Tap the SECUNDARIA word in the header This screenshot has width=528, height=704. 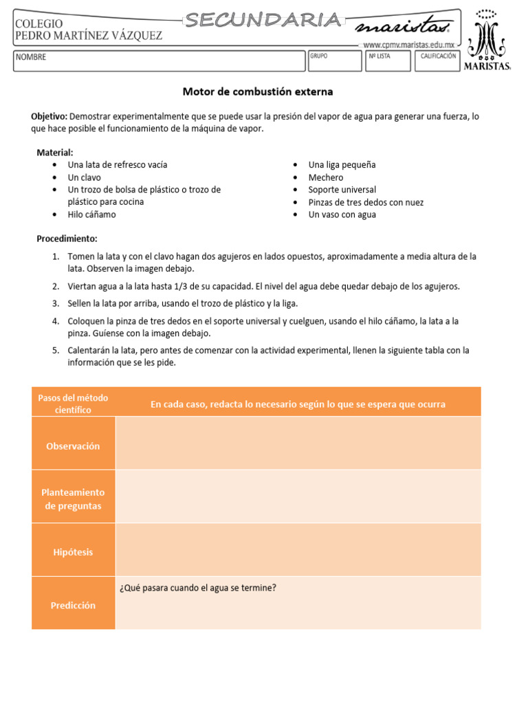(x=264, y=21)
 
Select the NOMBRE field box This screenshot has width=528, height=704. (x=158, y=60)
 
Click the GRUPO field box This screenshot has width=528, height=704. (x=334, y=60)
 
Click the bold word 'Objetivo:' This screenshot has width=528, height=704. (x=49, y=117)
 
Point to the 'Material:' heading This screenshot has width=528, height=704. (x=54, y=153)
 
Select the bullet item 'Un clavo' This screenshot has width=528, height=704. (x=84, y=177)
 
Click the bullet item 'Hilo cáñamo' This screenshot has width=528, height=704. (x=91, y=214)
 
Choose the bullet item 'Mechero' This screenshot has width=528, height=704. (x=326, y=177)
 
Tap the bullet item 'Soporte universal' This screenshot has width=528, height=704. (x=342, y=190)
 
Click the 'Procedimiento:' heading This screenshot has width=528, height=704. (x=67, y=239)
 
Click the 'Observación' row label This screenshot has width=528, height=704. (x=73, y=446)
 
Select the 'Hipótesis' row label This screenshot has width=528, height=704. (x=73, y=552)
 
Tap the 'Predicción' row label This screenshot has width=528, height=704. (x=73, y=606)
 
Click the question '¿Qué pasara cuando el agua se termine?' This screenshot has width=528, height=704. (x=198, y=588)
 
